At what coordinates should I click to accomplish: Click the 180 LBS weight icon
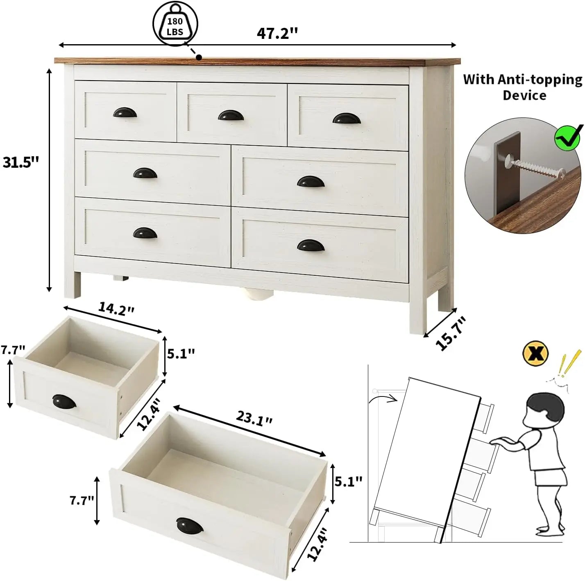click(175, 25)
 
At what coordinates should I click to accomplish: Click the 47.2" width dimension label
click(277, 33)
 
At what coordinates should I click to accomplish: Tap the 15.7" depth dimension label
click(451, 333)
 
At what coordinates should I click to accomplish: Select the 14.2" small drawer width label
click(116, 309)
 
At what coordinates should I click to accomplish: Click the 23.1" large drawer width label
click(254, 418)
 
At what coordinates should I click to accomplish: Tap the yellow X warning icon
click(535, 353)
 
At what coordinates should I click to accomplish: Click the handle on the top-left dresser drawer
click(125, 113)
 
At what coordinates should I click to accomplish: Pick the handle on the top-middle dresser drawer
click(231, 115)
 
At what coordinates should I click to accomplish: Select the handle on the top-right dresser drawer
click(347, 119)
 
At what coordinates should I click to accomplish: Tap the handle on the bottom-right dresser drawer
click(311, 245)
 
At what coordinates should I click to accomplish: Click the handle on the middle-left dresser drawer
click(145, 173)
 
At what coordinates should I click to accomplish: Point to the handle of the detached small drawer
click(64, 401)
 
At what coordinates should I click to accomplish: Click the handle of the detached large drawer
click(190, 525)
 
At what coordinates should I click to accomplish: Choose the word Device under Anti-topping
click(524, 95)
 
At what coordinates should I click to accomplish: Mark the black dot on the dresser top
click(199, 57)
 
